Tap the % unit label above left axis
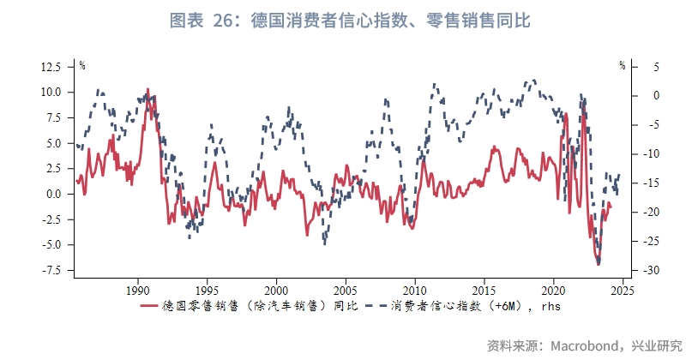(82, 65)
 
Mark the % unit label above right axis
(623, 65)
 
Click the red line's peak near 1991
(147, 89)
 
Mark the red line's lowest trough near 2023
(598, 263)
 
